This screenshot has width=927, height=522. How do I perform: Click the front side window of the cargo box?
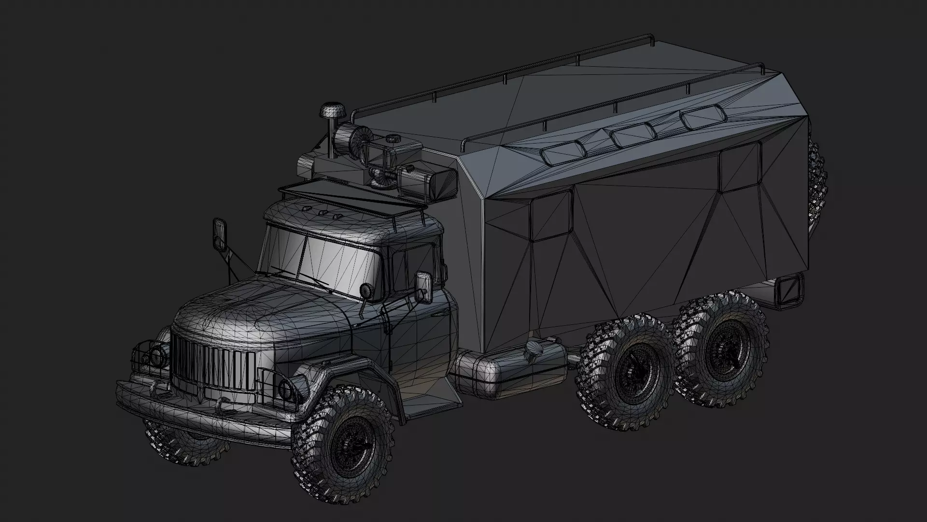click(551, 215)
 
